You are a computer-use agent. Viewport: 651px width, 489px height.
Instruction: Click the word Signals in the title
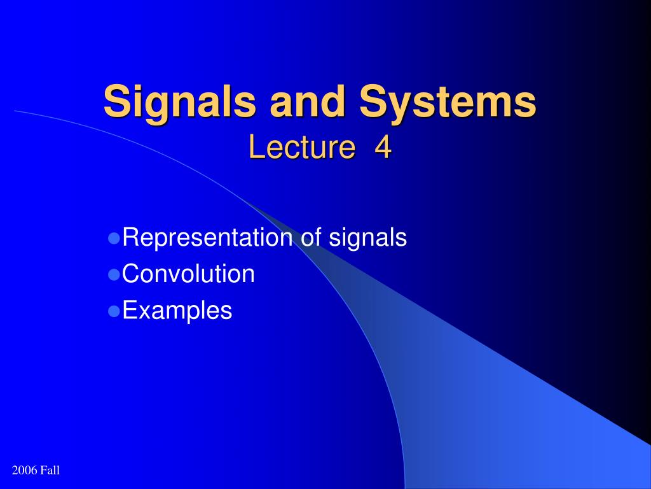(x=179, y=103)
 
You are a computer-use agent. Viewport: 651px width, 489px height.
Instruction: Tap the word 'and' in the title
(x=308, y=101)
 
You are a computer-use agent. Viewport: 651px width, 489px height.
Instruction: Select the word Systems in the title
(x=448, y=103)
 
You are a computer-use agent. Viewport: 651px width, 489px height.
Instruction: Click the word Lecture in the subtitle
(x=302, y=147)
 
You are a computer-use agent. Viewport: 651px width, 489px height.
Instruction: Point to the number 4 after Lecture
(x=383, y=147)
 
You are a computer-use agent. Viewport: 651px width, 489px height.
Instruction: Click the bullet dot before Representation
(x=114, y=238)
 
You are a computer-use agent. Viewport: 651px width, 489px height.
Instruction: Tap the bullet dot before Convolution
(x=114, y=274)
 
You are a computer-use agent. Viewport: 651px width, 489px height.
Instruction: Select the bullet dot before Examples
(x=114, y=311)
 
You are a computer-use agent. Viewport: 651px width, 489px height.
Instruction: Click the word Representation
(x=208, y=238)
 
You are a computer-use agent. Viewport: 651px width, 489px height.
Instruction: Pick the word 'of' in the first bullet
(x=311, y=237)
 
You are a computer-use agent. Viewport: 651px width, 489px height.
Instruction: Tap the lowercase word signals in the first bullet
(x=368, y=238)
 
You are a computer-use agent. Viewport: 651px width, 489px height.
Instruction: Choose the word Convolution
(x=188, y=274)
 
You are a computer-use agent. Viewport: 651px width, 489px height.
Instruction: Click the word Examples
(x=177, y=311)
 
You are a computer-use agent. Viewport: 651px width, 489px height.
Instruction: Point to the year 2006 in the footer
(x=25, y=471)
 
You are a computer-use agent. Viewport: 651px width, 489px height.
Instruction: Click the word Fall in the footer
(x=50, y=471)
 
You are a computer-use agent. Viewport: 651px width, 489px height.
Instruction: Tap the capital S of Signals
(x=118, y=101)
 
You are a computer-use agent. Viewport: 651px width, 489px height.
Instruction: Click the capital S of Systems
(x=374, y=101)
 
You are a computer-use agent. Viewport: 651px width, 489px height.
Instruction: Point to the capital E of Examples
(x=130, y=310)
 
